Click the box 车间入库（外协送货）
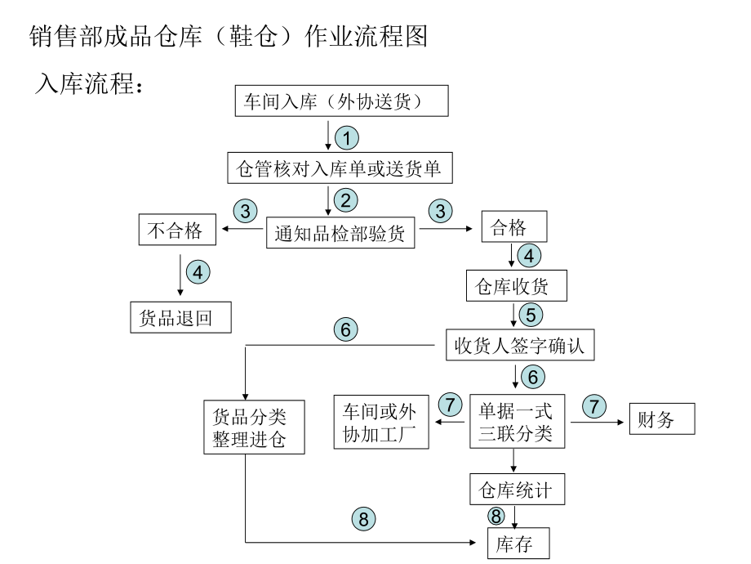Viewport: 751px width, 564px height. tap(342, 101)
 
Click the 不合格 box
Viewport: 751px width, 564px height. tap(175, 231)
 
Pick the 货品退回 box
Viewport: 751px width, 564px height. tap(180, 318)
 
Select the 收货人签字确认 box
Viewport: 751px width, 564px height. tap(520, 345)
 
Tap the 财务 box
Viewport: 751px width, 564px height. tap(661, 420)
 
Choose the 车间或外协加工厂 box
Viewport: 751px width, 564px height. tap(381, 421)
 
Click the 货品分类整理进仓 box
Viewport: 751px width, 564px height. tap(246, 427)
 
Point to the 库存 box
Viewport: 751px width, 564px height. tap(518, 544)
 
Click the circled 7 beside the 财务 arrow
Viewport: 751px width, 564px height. tap(593, 405)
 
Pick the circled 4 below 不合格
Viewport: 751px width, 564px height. tap(198, 271)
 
